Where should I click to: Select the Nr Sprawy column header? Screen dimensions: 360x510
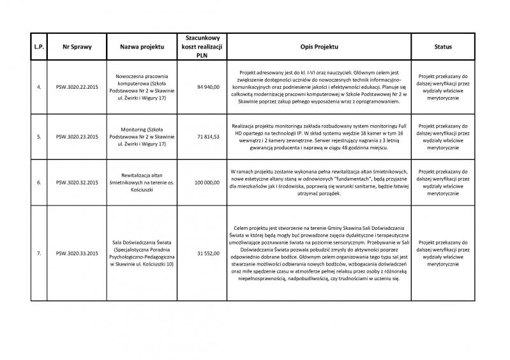point(77,47)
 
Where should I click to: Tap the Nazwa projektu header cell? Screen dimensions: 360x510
point(142,47)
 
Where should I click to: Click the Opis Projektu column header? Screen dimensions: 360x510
point(319,47)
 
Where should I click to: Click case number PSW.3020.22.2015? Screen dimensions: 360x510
point(77,86)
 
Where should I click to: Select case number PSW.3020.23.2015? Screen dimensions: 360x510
point(77,137)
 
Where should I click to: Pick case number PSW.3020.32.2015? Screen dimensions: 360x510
point(77,182)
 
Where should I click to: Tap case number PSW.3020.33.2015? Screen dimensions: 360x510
point(77,253)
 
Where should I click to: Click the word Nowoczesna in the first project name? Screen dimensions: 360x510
point(128,75)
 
